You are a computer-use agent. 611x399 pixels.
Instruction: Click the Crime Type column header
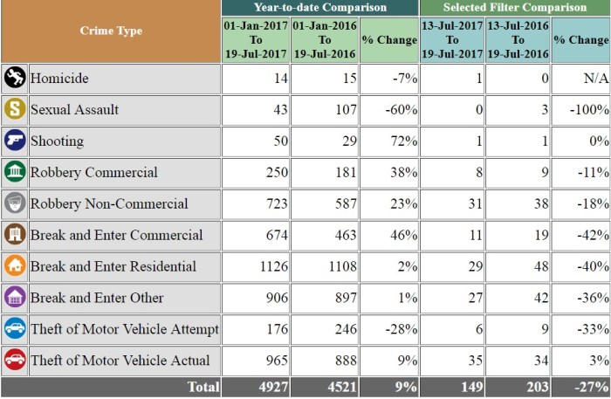[111, 31]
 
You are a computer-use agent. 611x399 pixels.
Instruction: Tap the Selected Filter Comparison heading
[514, 7]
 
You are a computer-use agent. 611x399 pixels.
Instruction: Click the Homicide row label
[60, 79]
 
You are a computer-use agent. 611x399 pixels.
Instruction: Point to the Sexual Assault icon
[14, 110]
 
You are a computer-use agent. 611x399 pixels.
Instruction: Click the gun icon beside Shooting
[14, 141]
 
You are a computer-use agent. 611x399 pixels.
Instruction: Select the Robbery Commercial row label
[94, 172]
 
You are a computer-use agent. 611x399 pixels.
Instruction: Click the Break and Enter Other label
[97, 298]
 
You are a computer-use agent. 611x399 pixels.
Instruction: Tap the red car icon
[14, 361]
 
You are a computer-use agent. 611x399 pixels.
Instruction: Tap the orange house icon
[14, 266]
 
